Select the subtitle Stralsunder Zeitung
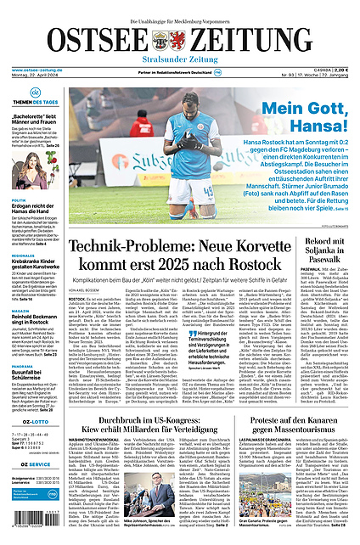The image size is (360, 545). [x=179, y=60]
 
